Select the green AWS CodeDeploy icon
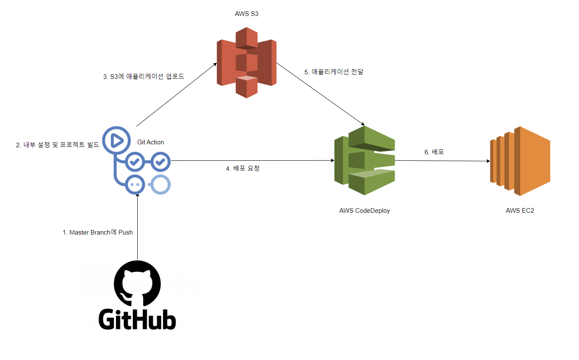pos(364,160)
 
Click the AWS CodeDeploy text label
pos(364,211)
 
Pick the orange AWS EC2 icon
pos(520,161)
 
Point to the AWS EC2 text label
pos(520,211)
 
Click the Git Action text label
pos(151,142)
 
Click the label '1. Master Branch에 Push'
pos(98,232)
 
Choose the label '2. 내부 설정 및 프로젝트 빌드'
pos(58,145)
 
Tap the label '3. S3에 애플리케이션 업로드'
pos(144,76)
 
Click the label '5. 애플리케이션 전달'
pos(334,72)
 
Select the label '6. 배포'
pos(434,152)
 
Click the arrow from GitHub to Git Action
pos(137,227)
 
